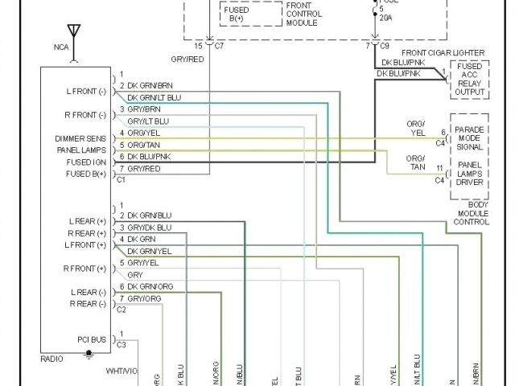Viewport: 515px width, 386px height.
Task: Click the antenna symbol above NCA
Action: [x=75, y=32]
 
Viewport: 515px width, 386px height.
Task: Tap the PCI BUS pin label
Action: [x=91, y=340]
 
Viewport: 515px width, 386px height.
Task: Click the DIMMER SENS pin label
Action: [x=80, y=138]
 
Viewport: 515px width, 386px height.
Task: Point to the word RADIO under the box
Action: [x=53, y=359]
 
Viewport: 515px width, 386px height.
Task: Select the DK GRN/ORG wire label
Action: [x=150, y=286]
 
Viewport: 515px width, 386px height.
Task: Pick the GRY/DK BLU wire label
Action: [x=150, y=228]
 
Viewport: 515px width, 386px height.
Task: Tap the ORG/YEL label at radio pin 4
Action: [x=145, y=133]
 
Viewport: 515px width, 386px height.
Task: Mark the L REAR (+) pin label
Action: [x=89, y=221]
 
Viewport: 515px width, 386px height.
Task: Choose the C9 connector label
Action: [x=385, y=46]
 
